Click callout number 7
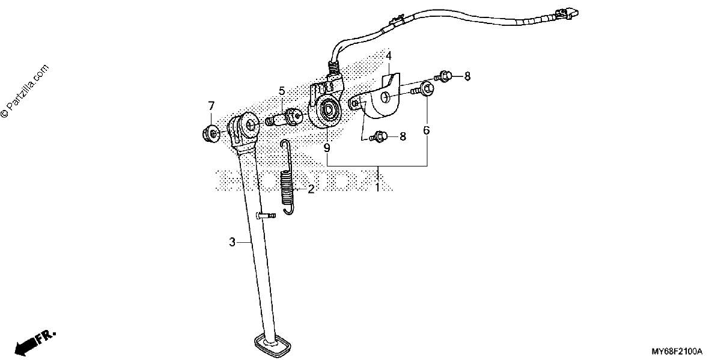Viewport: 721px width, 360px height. pos(211,106)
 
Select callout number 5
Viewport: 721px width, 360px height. pos(282,91)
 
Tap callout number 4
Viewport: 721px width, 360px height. pos(389,56)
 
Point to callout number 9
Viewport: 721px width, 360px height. pos(327,148)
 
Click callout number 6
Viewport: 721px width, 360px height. pos(427,130)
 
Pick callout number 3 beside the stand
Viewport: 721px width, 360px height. pos(232,242)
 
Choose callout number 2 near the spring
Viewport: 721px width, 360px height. pos(311,189)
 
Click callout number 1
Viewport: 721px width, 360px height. pos(377,187)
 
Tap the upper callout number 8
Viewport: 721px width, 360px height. pos(467,76)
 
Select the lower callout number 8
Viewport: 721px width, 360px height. pos(403,137)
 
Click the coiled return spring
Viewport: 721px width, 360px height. pos(287,177)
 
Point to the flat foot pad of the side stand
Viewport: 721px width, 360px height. pos(273,346)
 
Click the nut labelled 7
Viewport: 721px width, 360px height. pos(210,133)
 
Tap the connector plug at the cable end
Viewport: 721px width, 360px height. pos(568,13)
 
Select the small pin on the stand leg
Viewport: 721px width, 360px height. pos(266,215)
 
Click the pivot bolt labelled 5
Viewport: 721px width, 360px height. pos(283,118)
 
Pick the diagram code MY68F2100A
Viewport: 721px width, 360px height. pos(677,351)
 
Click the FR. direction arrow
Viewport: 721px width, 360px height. pos(34,343)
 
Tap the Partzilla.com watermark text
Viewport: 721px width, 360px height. pos(25,91)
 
